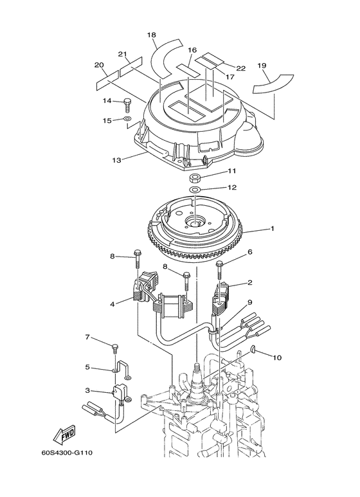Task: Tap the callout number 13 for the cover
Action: (116, 159)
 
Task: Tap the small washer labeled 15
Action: (128, 120)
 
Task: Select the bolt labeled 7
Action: (114, 348)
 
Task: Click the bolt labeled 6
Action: (220, 265)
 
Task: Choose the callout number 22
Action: (241, 68)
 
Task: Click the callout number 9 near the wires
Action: (249, 302)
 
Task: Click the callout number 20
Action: (99, 65)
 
